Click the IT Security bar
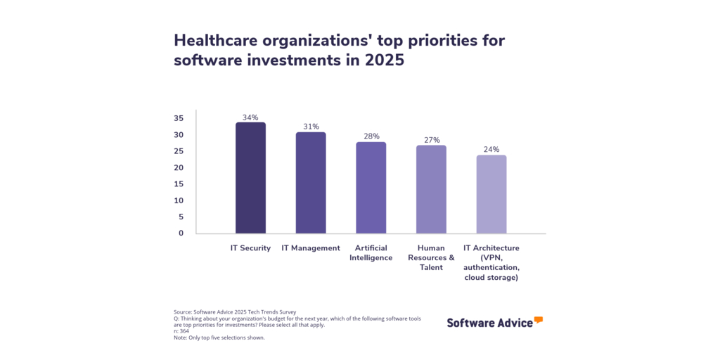(x=250, y=178)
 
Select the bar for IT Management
(x=311, y=183)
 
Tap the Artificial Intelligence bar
(x=371, y=188)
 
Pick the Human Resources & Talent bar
(x=431, y=189)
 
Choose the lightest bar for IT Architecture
(x=491, y=194)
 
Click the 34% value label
(x=250, y=117)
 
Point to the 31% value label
(x=311, y=127)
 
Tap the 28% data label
(x=371, y=136)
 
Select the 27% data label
(x=431, y=140)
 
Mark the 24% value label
(x=491, y=150)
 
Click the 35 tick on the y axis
(x=179, y=118)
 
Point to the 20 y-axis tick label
(x=179, y=167)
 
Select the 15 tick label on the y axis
(x=179, y=184)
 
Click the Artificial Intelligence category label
(x=371, y=253)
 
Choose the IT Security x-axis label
(x=250, y=248)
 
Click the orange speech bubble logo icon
(x=539, y=320)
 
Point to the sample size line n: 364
(x=181, y=330)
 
